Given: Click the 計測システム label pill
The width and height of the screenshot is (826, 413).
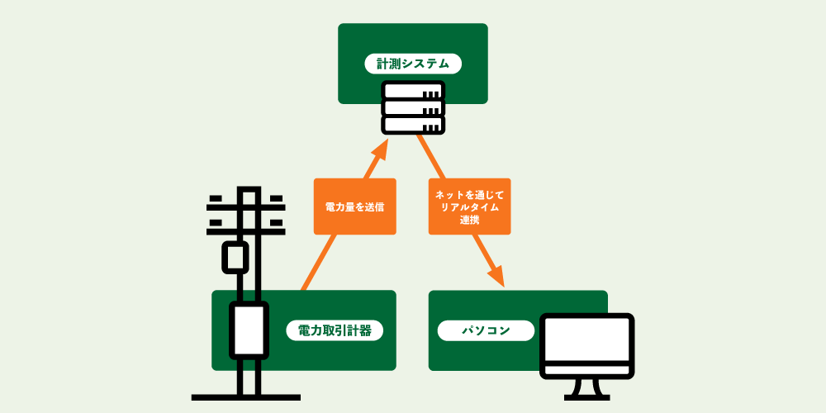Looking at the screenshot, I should (413, 64).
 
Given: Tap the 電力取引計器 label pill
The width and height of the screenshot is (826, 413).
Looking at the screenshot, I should (334, 331).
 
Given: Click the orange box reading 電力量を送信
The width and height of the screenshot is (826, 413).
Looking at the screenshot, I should (354, 206).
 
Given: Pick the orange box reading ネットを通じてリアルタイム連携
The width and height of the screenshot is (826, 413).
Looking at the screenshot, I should (469, 206).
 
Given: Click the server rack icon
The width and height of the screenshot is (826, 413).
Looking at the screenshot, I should (413, 107).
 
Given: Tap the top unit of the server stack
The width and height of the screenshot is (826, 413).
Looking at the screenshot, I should (413, 91).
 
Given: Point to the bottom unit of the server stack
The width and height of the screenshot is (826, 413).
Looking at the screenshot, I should (413, 125).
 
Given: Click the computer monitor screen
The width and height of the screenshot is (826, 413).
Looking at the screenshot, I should (586, 345).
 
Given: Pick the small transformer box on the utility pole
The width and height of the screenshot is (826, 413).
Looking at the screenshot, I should (235, 257).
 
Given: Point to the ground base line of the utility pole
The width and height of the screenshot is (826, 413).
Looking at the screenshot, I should (245, 397).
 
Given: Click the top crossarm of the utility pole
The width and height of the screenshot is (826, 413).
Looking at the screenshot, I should (245, 200).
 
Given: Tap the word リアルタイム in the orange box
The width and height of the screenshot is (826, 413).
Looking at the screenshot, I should (469, 206).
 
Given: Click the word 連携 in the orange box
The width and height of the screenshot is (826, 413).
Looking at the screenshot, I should (469, 220).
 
